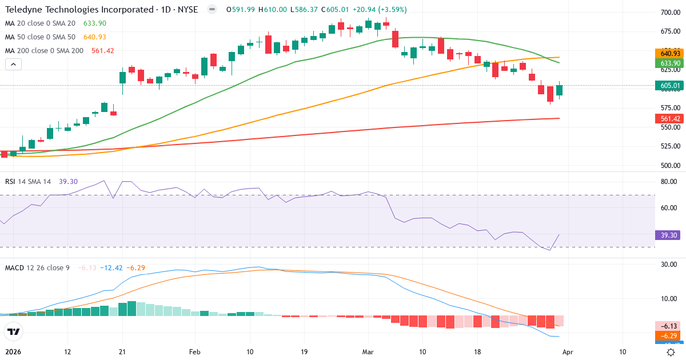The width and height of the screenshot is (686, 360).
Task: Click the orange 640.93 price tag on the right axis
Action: [669, 53]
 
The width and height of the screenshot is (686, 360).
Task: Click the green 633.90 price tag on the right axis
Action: [669, 63]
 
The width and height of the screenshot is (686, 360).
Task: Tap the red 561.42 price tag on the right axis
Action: [669, 118]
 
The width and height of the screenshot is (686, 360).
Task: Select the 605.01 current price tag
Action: [669, 86]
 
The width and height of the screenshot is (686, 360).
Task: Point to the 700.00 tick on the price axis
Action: [669, 13]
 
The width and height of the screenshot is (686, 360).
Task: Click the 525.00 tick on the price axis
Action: [669, 146]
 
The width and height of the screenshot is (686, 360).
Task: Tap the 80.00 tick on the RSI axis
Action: [669, 182]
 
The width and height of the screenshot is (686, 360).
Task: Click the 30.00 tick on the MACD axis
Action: [669, 264]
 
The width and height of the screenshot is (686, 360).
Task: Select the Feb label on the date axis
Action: [195, 352]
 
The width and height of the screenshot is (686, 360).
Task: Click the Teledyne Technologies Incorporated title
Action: [79, 10]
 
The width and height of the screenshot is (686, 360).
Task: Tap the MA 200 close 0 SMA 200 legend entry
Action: [43, 50]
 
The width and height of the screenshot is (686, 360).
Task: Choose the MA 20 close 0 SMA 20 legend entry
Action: [39, 23]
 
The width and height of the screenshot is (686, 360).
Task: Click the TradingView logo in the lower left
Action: [13, 331]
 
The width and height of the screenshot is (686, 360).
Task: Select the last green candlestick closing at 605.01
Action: [560, 90]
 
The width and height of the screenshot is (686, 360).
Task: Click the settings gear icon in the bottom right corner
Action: [671, 352]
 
